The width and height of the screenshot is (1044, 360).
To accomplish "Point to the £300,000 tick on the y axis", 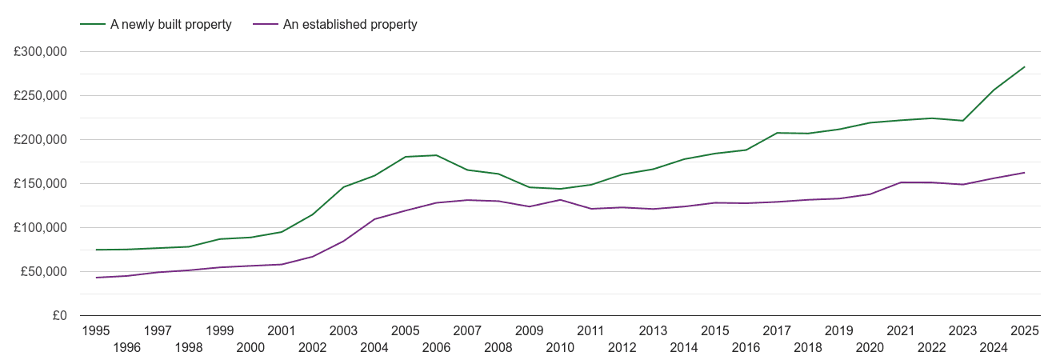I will [x=40, y=52].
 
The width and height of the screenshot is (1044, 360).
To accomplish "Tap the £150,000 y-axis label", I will [x=40, y=184].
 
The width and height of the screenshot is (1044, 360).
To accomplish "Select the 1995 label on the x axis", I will [x=96, y=330].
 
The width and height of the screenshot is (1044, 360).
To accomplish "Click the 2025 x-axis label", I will [x=1024, y=330].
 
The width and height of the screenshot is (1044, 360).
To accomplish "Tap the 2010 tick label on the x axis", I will [x=560, y=347].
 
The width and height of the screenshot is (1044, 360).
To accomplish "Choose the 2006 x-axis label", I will [x=436, y=347].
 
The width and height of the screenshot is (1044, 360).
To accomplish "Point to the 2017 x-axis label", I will [x=777, y=330].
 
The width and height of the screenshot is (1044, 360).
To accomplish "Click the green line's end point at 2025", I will [x=1024, y=67].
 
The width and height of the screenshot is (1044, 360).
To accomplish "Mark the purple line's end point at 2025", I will [x=1024, y=173].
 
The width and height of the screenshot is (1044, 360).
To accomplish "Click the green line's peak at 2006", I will [x=436, y=155].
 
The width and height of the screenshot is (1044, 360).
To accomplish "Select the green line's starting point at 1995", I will [x=96, y=250].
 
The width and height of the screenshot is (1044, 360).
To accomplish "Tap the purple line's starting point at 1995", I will [x=96, y=278].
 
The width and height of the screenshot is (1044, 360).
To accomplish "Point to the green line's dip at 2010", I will [x=560, y=189].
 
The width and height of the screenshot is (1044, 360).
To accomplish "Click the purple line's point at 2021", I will [x=901, y=182].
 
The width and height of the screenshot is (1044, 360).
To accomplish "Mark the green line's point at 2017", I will [x=777, y=133].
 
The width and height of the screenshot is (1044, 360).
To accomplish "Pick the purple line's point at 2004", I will [x=374, y=219].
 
